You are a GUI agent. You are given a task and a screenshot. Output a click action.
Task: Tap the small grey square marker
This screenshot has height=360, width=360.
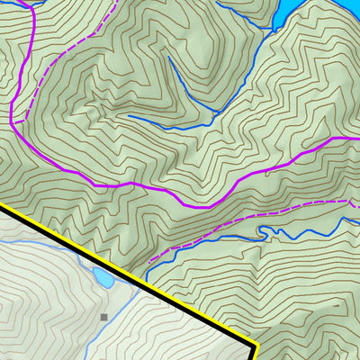103,317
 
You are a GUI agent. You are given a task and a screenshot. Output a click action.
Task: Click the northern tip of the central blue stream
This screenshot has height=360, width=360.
167,59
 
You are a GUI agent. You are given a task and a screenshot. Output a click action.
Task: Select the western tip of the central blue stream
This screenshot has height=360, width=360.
129,116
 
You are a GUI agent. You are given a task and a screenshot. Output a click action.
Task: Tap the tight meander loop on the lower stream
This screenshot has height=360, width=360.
263,231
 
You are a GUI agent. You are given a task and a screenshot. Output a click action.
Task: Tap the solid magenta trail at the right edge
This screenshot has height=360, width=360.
356,139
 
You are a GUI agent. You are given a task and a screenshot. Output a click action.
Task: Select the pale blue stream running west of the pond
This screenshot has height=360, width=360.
45,243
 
